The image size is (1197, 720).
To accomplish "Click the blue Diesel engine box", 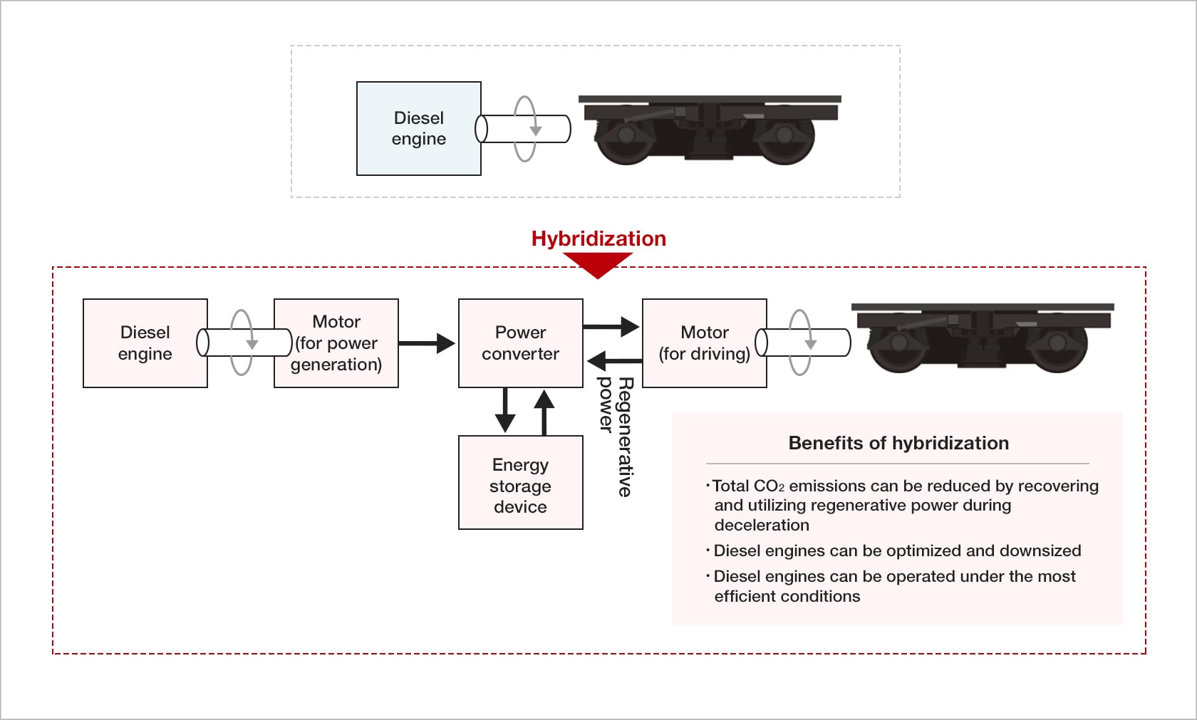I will (418, 128).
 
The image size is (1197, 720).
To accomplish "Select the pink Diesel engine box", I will (145, 343).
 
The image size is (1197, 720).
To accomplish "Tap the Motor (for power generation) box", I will (336, 343).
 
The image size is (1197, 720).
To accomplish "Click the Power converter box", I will (520, 343).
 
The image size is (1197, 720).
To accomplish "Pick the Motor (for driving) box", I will (704, 343).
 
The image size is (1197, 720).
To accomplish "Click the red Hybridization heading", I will (598, 239).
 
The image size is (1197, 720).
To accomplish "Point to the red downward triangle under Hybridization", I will (598, 265).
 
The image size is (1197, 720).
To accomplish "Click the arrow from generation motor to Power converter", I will (427, 343).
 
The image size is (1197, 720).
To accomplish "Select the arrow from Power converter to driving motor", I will (611, 327).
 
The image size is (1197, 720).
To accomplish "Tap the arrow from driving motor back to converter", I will (614, 361).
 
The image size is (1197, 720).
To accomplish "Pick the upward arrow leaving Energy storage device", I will (544, 412).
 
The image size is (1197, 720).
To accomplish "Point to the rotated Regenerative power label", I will (615, 436).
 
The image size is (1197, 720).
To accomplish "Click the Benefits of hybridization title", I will (898, 443).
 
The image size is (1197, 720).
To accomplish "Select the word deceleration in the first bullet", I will (762, 525).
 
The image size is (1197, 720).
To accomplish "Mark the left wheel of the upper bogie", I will (626, 137).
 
